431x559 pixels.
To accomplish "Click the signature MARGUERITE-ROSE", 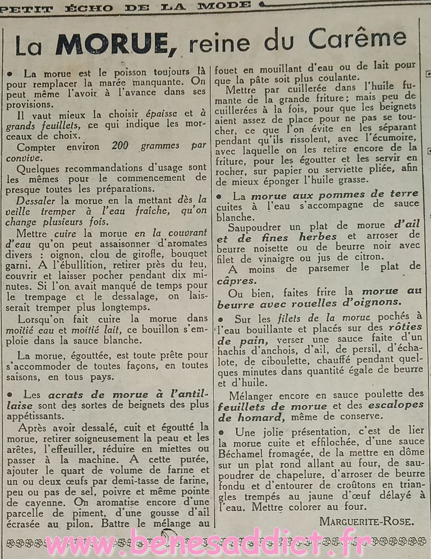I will point(367,521).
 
